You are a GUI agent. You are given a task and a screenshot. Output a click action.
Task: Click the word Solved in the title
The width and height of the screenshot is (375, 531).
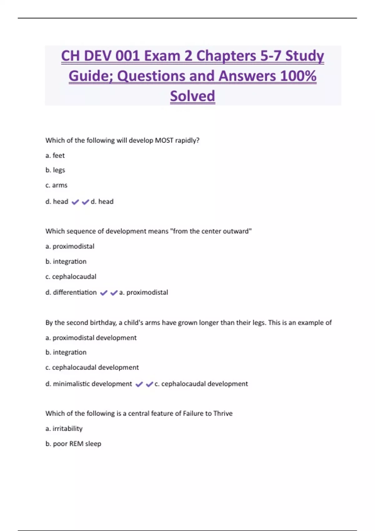coord(192,96)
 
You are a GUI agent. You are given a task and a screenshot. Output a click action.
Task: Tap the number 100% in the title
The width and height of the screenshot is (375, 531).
coord(298,76)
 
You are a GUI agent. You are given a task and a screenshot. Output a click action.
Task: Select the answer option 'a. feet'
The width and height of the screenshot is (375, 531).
coord(55,155)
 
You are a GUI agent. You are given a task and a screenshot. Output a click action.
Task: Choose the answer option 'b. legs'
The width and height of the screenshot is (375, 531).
coord(55,170)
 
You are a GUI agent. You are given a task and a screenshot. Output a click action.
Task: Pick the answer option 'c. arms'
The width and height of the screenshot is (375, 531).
coord(56,185)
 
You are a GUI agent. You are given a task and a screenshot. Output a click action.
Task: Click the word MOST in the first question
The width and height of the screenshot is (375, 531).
coord(164,141)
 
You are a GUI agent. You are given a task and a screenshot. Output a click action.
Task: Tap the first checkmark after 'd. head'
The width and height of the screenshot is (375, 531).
coord(75,202)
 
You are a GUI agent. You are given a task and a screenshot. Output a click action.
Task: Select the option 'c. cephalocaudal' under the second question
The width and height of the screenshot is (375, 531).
coord(71,276)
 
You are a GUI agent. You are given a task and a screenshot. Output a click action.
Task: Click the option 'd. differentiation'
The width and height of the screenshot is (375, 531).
coord(71,292)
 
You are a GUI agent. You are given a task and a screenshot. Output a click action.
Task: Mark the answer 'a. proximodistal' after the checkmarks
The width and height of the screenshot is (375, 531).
coord(144,292)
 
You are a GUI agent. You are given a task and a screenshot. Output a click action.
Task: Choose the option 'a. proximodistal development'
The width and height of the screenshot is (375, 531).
coord(91,338)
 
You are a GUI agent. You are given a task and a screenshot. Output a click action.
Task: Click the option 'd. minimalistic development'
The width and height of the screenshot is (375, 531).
coord(89,384)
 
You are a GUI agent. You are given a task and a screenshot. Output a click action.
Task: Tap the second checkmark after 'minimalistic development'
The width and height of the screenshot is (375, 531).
coord(149,384)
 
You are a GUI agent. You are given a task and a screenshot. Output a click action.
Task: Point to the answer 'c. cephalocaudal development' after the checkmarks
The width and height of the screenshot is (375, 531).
coord(201,384)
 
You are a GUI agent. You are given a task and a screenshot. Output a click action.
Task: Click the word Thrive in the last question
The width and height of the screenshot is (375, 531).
coord(223,414)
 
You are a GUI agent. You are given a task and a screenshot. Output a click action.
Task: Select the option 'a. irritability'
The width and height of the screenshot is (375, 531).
coord(64,429)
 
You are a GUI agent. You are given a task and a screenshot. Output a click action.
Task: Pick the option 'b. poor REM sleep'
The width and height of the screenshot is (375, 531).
coord(73,444)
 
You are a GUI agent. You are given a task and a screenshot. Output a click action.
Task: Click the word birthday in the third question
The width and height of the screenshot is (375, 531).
coord(103,323)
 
